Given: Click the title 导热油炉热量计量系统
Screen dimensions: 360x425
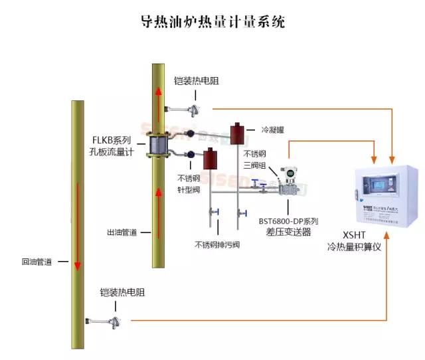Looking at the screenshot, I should click(212, 22).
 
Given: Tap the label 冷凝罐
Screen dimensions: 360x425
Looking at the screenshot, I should click(273, 130).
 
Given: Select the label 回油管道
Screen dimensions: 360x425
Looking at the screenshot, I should click(37, 262).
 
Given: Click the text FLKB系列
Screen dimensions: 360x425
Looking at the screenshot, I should click(112, 141).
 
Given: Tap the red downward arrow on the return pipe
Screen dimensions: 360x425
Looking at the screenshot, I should click(78, 226).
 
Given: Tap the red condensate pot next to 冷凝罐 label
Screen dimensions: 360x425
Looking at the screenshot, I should click(236, 134).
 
